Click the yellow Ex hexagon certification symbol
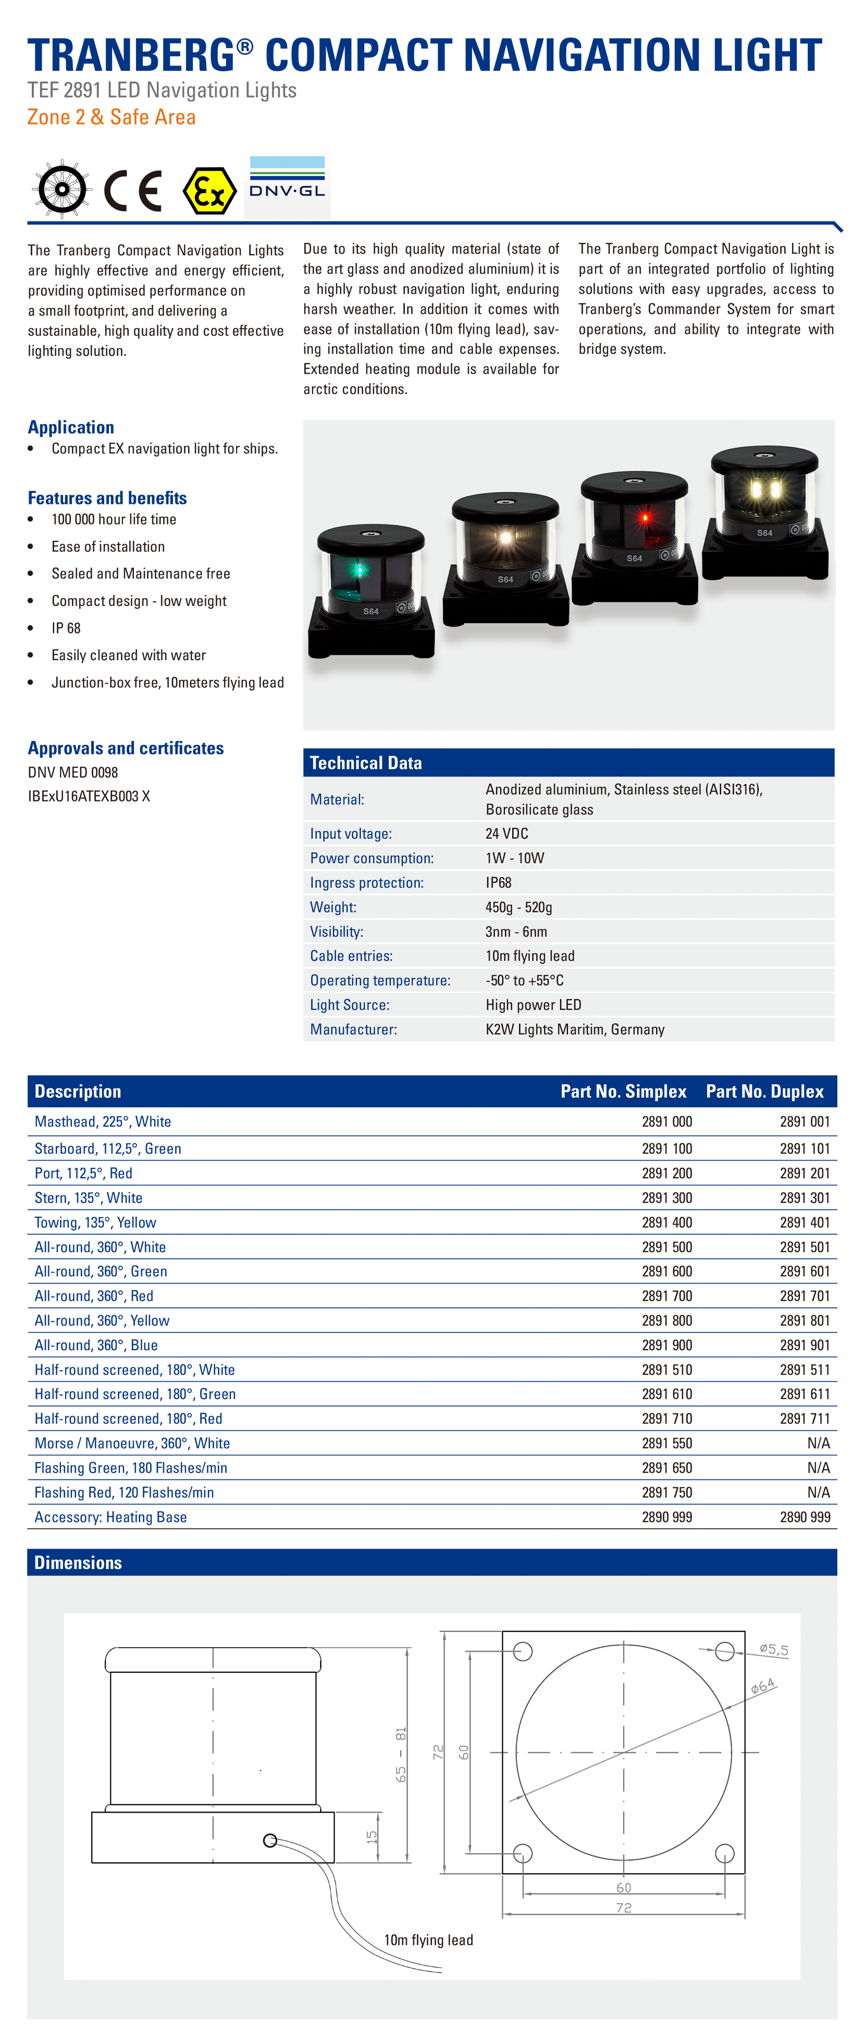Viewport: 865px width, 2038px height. (209, 191)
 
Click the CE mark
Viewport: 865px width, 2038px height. (133, 191)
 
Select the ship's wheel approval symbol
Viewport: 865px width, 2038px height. (61, 190)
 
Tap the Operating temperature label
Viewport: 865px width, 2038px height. (380, 980)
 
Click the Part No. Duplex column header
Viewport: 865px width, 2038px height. (764, 1091)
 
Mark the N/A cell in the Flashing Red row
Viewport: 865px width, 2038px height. (818, 1492)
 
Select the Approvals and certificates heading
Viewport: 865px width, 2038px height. (126, 748)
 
